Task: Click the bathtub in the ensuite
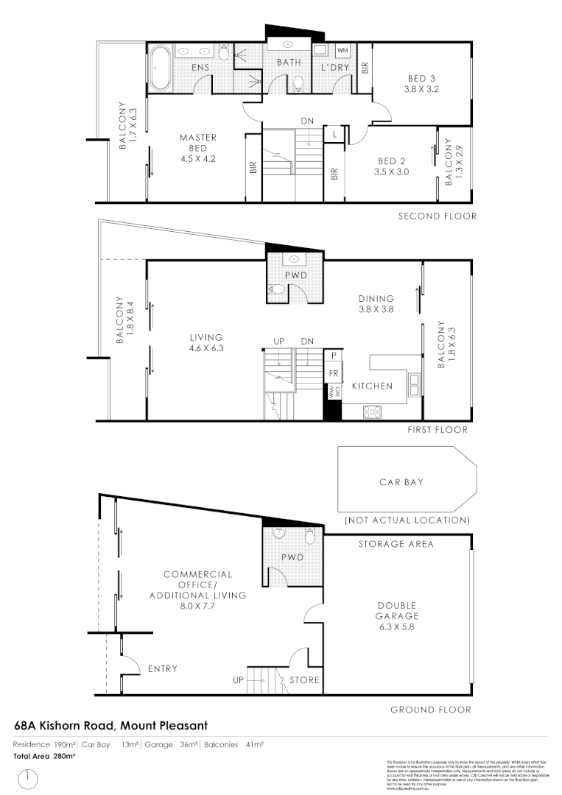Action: (161, 68)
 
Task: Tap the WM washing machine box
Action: (343, 50)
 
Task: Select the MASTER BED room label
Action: (197, 137)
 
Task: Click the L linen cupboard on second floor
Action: (335, 134)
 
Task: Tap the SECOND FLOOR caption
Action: (437, 216)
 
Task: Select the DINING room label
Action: (376, 299)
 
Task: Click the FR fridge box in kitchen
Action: (334, 373)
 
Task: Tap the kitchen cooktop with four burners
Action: (370, 413)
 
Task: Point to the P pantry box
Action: (334, 355)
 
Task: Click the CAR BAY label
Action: (401, 483)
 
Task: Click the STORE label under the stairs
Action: (304, 680)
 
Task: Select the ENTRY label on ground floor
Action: (162, 669)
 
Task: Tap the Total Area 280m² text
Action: (44, 756)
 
